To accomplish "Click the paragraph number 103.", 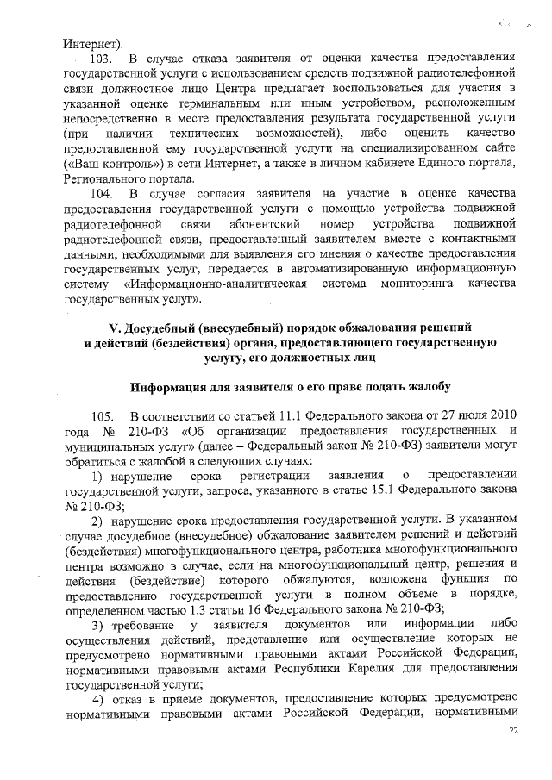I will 102,59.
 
